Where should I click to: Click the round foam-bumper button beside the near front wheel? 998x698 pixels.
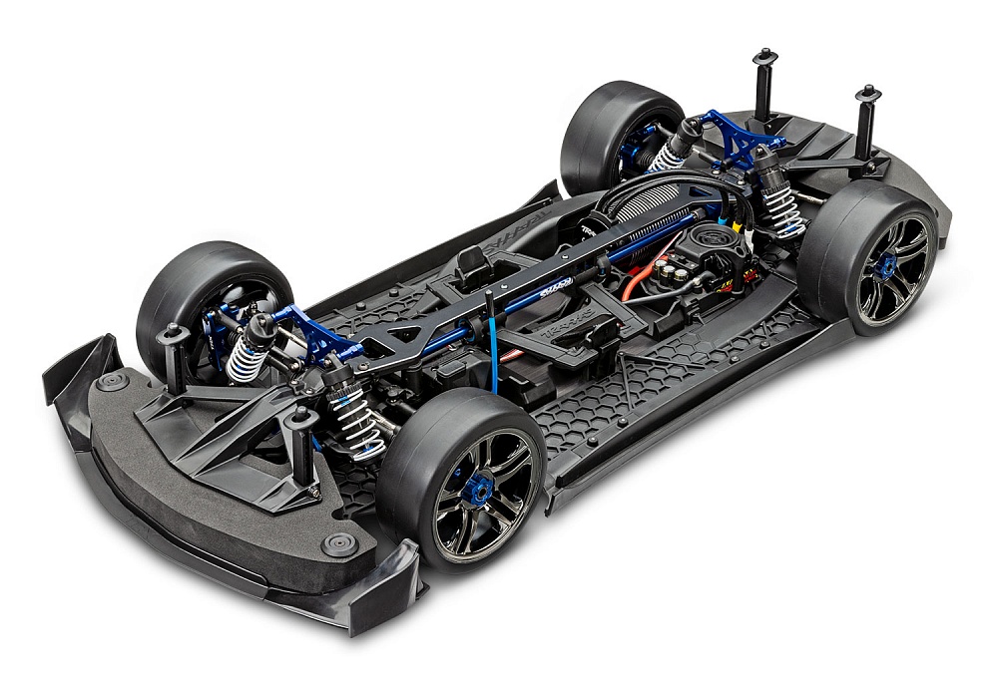pyautogui.click(x=336, y=544)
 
